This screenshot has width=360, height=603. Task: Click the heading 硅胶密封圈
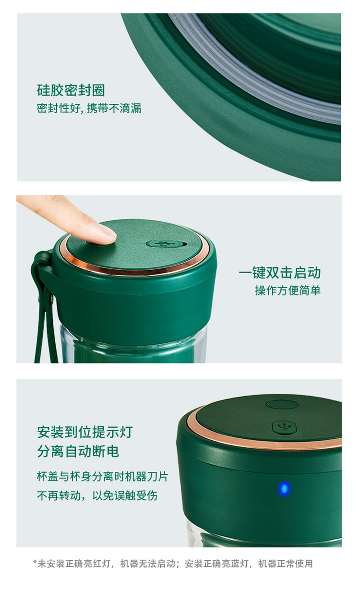71,90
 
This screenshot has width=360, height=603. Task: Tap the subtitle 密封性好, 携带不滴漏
89,109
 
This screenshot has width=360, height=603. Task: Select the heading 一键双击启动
280,273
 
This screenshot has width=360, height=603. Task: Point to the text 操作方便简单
288,290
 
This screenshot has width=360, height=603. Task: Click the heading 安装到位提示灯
85,432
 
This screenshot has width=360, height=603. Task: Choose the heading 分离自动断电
78,451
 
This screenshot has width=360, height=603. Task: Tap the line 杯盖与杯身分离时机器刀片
103,476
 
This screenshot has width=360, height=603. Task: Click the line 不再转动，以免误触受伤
97,495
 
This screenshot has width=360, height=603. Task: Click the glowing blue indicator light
284,489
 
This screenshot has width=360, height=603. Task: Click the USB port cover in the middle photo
167,244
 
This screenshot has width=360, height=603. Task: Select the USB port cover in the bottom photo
284,427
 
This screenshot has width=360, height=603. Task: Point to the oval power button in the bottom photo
282,405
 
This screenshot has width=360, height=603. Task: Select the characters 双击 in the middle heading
280,273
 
